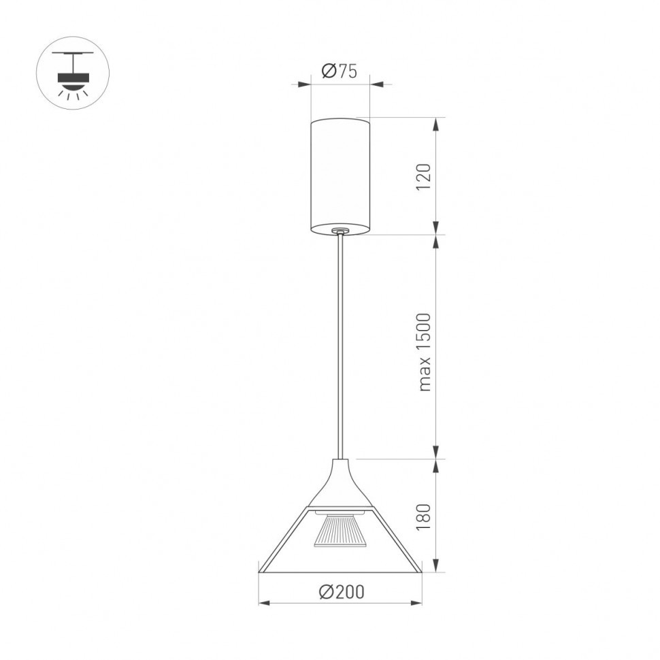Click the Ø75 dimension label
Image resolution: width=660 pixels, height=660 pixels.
(339, 71)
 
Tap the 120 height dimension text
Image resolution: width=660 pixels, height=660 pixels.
(424, 177)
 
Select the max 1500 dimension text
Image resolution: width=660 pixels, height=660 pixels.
(425, 352)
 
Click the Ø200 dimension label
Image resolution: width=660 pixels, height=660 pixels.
(341, 592)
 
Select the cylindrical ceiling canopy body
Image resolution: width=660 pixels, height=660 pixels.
(340, 176)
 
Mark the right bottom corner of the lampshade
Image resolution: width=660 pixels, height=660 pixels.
(420, 570)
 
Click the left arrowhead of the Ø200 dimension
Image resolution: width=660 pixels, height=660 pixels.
(264, 602)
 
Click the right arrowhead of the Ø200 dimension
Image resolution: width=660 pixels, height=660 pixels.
(417, 602)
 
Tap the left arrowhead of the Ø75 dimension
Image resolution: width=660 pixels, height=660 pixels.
(306, 84)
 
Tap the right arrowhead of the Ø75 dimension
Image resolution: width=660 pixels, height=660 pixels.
(375, 84)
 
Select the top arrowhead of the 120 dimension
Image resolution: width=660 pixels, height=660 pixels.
(436, 122)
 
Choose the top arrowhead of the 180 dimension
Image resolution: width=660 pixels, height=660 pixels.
(436, 464)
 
